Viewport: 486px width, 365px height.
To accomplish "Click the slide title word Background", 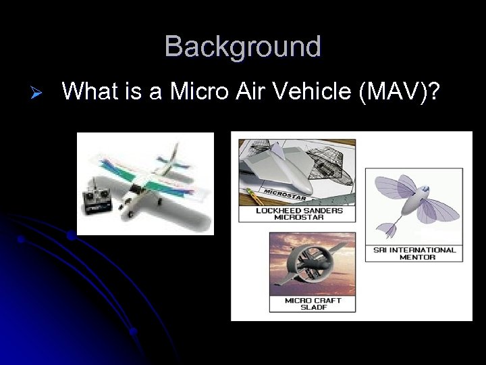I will coord(243,47).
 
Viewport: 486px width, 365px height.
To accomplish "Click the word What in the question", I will coord(88,91).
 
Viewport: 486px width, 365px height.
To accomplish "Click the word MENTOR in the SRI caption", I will coord(417,257).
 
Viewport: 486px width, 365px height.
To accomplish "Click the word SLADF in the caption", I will coord(313,308).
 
